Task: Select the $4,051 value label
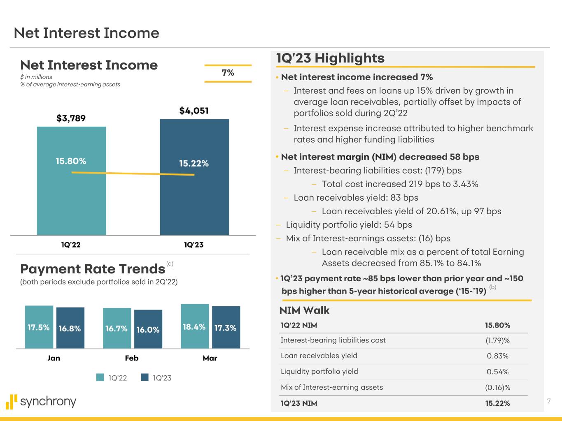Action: (x=194, y=111)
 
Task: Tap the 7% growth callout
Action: (x=228, y=73)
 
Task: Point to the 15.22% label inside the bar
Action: (x=194, y=163)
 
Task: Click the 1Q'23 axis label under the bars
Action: (x=194, y=245)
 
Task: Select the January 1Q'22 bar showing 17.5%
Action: (x=39, y=327)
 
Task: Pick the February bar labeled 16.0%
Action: (x=148, y=329)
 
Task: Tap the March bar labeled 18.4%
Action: (x=194, y=327)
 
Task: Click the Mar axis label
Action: (x=210, y=358)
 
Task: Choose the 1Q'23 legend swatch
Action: (x=145, y=377)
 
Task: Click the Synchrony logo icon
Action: (x=12, y=402)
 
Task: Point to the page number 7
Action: (x=548, y=401)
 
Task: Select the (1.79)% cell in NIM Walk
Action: (x=497, y=340)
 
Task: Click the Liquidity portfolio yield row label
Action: (x=319, y=371)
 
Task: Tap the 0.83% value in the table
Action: (x=497, y=356)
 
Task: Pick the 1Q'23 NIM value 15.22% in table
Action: (x=497, y=403)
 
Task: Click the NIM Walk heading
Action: (x=304, y=310)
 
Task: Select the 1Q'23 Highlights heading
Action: (x=330, y=58)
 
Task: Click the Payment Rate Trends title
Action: (x=93, y=269)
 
